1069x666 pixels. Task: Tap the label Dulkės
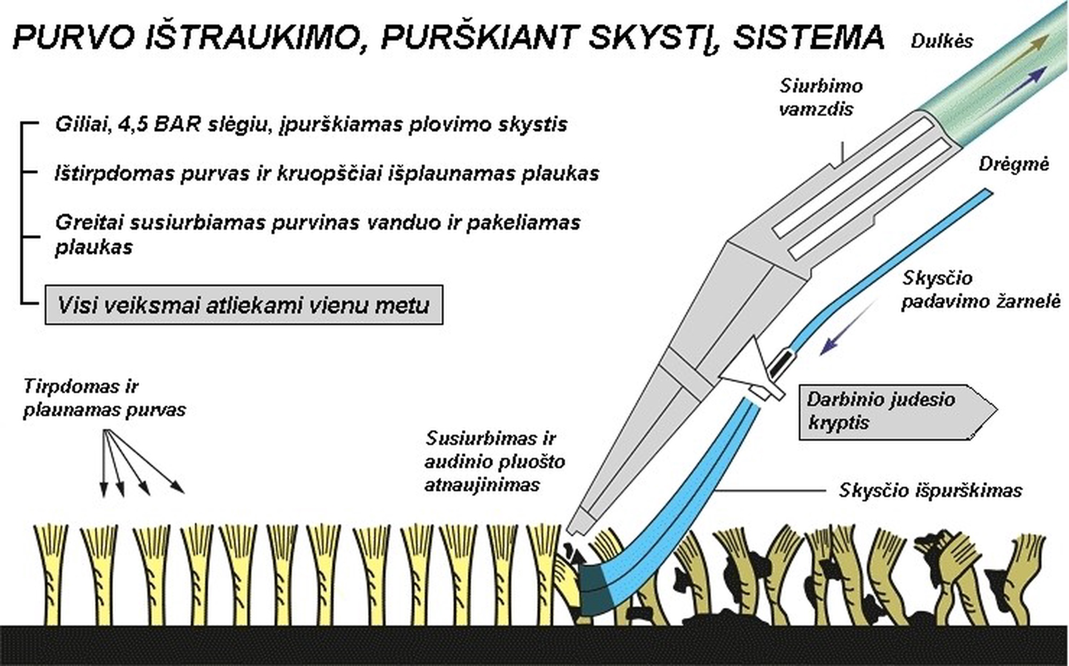[942, 41]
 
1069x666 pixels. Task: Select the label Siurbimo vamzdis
[820, 97]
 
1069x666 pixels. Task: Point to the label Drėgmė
[1013, 164]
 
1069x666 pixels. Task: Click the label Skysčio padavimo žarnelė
[980, 290]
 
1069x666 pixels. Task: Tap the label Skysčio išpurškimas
[930, 490]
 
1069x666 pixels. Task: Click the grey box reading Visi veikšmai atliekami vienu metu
[244, 305]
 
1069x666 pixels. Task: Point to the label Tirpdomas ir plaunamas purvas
[104, 398]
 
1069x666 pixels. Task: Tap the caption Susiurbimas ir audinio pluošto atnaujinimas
[494, 461]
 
